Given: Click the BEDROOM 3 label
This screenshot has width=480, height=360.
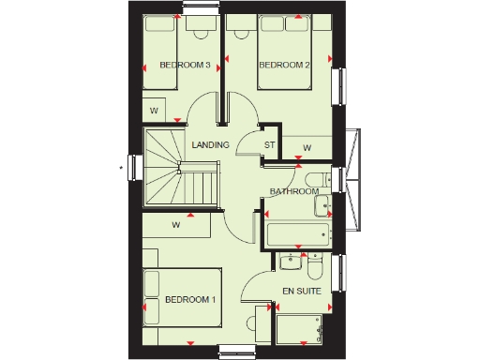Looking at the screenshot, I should [x=185, y=65].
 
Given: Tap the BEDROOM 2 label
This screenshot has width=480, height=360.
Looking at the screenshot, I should [x=283, y=65].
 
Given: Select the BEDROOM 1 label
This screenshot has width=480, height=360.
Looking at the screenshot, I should [x=190, y=299].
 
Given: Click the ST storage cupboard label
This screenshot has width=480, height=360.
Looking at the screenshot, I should [x=269, y=144].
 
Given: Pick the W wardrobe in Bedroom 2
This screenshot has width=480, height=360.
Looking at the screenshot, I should [x=307, y=147].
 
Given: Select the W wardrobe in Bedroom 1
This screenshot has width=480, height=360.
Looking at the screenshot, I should [x=175, y=225].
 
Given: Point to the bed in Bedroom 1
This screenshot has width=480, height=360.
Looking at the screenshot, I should [x=180, y=305].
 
